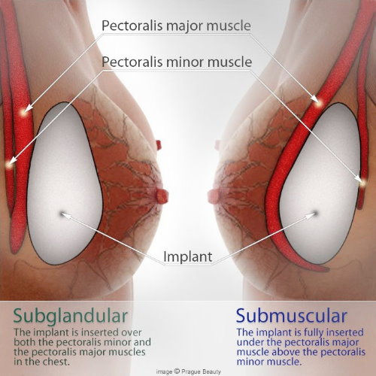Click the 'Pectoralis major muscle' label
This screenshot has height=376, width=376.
pyautogui.click(x=176, y=26)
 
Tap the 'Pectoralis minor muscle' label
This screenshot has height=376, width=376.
pyautogui.click(x=177, y=62)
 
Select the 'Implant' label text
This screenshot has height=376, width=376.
pyautogui.click(x=188, y=256)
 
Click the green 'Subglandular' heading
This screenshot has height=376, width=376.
pyautogui.click(x=71, y=317)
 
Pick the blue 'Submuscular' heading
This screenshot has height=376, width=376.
pyautogui.click(x=292, y=316)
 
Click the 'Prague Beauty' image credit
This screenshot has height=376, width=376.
pyautogui.click(x=188, y=371)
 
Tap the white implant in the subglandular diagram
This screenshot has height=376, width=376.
pyautogui.click(x=65, y=183)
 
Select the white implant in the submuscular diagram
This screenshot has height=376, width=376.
pyautogui.click(x=321, y=183)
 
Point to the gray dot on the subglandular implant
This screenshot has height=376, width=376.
pyautogui.click(x=62, y=214)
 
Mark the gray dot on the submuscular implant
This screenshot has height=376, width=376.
pyautogui.click(x=316, y=214)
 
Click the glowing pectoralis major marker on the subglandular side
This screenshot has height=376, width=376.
pyautogui.click(x=23, y=112)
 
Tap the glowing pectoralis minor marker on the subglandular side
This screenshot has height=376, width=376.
pyautogui.click(x=9, y=165)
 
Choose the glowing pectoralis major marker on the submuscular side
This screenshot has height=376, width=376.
pyautogui.click(x=319, y=102)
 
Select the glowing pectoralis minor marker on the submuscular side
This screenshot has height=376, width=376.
pyautogui.click(x=362, y=183)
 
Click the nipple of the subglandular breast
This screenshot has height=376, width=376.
pyautogui.click(x=162, y=196)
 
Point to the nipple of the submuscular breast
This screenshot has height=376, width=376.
pyautogui.click(x=214, y=196)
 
